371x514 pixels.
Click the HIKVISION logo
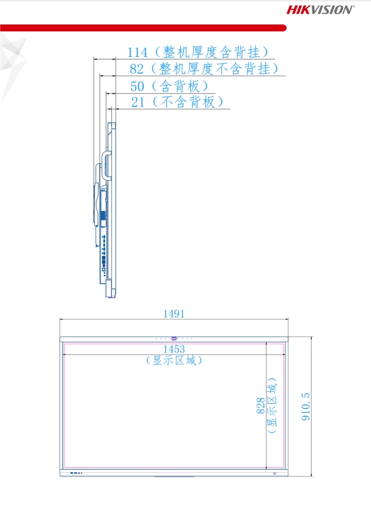point(320,9)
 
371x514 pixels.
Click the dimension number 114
point(137,53)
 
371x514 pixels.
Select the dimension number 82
point(136,69)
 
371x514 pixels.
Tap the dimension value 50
point(137,86)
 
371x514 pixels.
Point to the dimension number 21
point(138,102)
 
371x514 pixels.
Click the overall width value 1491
point(174,314)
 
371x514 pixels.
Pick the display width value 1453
point(174,349)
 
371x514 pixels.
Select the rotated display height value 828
point(261,406)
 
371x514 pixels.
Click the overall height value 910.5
point(305,406)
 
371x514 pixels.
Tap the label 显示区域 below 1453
point(174,361)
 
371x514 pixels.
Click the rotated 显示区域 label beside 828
point(272,406)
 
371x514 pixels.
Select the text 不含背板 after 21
point(188,102)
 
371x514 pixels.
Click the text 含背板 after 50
point(180,86)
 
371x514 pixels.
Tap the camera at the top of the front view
point(174,339)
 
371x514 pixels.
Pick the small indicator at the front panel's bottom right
point(275,473)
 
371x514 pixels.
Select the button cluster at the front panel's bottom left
point(76,473)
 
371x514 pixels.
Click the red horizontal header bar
point(143,28)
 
